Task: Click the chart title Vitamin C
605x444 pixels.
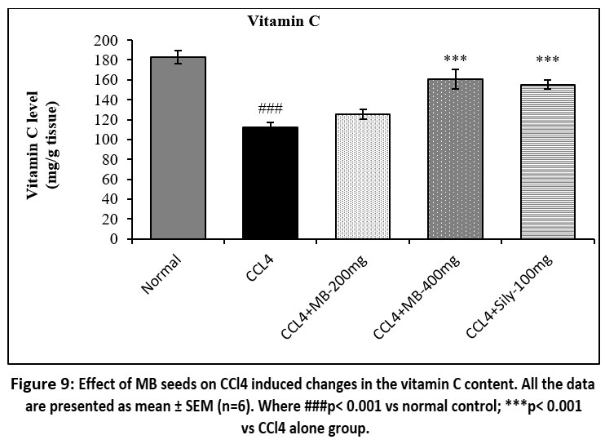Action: pos(284,22)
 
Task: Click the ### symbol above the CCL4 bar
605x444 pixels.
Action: pos(269,108)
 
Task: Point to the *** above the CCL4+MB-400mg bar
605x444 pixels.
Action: pos(455,60)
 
